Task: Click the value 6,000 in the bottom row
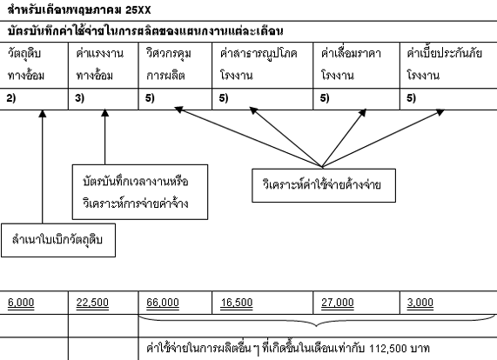click(x=21, y=303)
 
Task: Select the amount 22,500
click(x=92, y=303)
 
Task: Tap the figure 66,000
click(x=163, y=303)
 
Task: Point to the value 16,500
click(x=237, y=303)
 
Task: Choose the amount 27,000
click(x=338, y=303)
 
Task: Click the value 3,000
click(x=420, y=303)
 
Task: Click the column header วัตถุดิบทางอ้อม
click(x=26, y=64)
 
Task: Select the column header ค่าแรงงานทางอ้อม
click(x=99, y=64)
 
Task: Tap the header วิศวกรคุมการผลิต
click(x=169, y=64)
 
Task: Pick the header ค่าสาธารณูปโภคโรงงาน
click(x=259, y=64)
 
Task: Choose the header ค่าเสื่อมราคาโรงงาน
click(x=351, y=64)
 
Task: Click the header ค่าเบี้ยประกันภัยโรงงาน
click(x=445, y=64)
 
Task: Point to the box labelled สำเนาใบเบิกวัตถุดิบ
click(x=58, y=240)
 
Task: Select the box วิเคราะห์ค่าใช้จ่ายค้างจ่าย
click(x=324, y=185)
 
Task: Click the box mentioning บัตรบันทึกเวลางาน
click(x=140, y=192)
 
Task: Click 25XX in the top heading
click(x=138, y=10)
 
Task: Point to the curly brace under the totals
click(x=317, y=320)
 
